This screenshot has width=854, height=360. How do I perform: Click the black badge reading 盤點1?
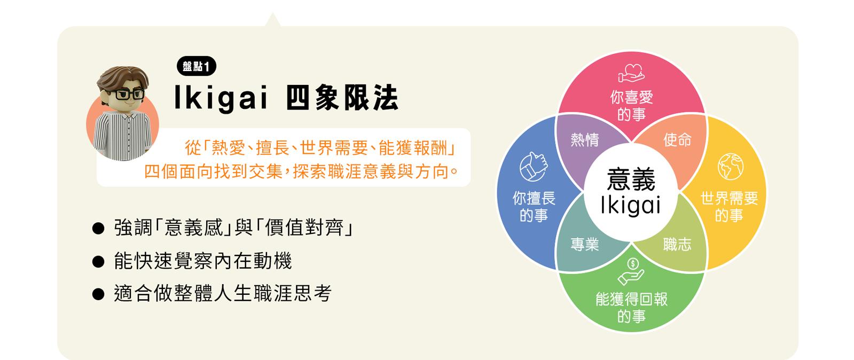pos(196,66)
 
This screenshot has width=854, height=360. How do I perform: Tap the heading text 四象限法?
pos(342,98)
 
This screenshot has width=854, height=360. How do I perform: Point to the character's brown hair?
pos(123,78)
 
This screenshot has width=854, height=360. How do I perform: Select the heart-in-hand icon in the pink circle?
pos(631,73)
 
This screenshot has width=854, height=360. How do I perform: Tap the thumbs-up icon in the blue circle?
pos(533,167)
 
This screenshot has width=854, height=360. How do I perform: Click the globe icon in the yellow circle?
pos(730,166)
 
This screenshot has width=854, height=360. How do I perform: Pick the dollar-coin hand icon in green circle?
pos(631,271)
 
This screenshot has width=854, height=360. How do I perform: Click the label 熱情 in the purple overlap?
pos(585,140)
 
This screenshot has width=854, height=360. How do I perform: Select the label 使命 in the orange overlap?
pos(677,140)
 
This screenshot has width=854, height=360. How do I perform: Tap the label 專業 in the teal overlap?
pos(585,245)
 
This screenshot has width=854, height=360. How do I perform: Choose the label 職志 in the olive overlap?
pos(677,245)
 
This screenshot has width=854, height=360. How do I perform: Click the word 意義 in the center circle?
pos(631,179)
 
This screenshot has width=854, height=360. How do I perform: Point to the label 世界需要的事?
pos(729,207)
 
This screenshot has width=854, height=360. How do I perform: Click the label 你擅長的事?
pos(534,207)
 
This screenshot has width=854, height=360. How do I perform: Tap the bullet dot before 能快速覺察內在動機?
pos(98,262)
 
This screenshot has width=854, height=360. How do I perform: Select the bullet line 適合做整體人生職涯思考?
pos(223,294)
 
